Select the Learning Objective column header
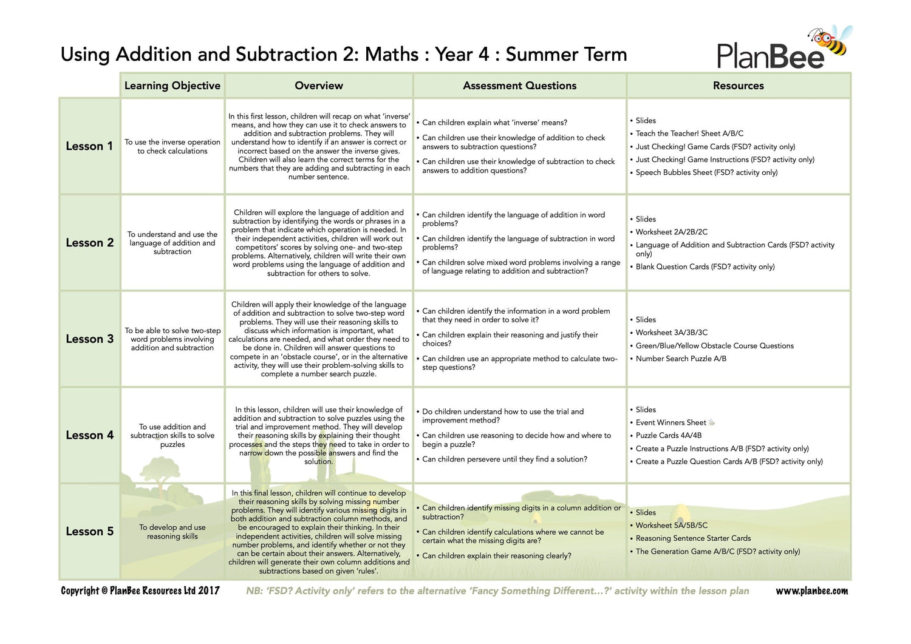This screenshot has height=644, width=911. pos(172,86)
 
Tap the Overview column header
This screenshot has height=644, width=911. pos(319,86)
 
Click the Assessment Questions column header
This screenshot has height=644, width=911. pos(519,86)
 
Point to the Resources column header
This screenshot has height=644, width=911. pos(738,86)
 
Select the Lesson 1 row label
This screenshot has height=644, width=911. pos(89,146)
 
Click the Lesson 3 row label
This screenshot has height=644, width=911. pos(89,339)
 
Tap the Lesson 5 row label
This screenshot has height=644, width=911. pos(89,531)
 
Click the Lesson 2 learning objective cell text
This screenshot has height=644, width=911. pos(172,243)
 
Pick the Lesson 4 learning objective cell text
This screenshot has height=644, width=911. pos(172,435)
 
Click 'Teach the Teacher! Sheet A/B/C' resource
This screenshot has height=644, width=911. pos(689,134)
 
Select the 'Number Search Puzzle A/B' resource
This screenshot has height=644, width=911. pos(681,359)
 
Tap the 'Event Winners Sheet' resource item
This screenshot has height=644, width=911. pos(670,422)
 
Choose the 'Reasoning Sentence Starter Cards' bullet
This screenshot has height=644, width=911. pos(693,538)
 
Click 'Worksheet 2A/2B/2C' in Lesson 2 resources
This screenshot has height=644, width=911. pos(671,232)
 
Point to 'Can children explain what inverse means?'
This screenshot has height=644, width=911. pos(494,123)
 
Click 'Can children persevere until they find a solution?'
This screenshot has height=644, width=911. pos(505,459)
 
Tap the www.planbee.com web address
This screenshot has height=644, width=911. pos(811,591)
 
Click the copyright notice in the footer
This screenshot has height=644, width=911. pos(140,591)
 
